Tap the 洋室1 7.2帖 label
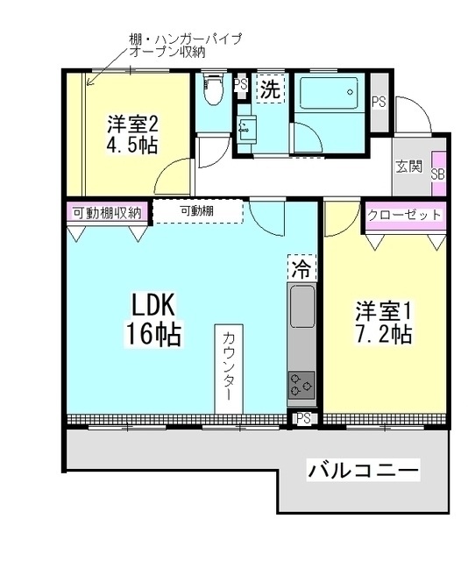[x=383, y=323]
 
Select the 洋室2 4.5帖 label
[x=133, y=135]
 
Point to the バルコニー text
[x=363, y=471]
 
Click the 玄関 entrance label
[x=408, y=167]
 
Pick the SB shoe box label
[x=438, y=174]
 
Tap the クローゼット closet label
[x=403, y=216]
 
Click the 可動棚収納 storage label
[x=107, y=212]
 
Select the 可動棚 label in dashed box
[x=197, y=211]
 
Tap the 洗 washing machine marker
[x=271, y=89]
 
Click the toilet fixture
[x=211, y=90]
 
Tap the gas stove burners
[x=301, y=383]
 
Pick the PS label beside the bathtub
[x=379, y=102]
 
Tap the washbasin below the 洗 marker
[x=246, y=127]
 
